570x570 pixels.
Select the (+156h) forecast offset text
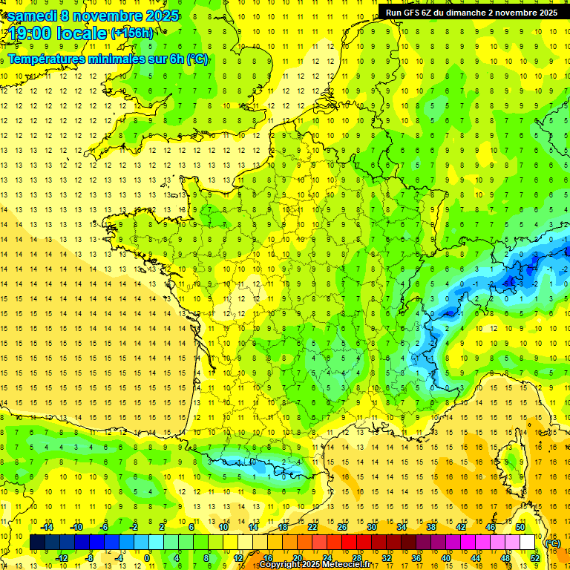tap(131, 33)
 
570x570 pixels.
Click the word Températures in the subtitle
tap(49, 59)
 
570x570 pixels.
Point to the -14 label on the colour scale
tap(47, 527)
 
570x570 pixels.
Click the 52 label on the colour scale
tap(535, 557)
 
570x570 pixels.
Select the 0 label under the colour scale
tap(147, 557)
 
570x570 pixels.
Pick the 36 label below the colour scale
tap(416, 557)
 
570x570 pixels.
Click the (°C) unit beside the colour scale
tap(552, 543)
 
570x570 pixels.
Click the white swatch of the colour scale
tap(528, 543)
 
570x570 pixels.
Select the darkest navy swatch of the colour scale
tap(38, 543)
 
